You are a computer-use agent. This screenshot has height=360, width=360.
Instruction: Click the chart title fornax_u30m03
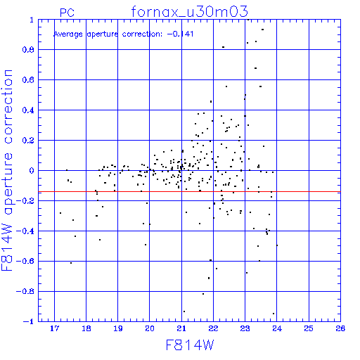pyautogui.click(x=189, y=12)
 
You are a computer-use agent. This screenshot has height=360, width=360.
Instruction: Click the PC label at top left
pyautogui.click(x=67, y=13)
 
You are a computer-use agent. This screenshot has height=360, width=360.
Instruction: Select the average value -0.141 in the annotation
pyautogui.click(x=180, y=34)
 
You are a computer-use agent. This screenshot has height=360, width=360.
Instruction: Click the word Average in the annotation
pyautogui.click(x=68, y=34)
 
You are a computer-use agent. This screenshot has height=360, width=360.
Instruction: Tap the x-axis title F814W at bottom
pyautogui.click(x=190, y=345)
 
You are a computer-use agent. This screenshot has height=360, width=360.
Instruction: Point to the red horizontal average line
pyautogui.click(x=189, y=192)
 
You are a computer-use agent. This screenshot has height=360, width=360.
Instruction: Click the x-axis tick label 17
pyautogui.click(x=54, y=328)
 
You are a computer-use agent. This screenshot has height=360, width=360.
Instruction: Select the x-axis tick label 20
pyautogui.click(x=150, y=328)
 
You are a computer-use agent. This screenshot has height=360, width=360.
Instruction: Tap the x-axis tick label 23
pyautogui.click(x=245, y=328)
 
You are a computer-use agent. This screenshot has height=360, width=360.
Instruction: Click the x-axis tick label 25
pyautogui.click(x=309, y=328)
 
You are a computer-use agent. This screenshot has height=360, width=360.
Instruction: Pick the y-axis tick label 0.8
pyautogui.click(x=28, y=50)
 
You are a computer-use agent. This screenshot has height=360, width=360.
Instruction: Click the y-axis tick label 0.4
pyautogui.click(x=28, y=110)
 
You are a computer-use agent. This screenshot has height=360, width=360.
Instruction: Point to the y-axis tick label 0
pyautogui.click(x=32, y=171)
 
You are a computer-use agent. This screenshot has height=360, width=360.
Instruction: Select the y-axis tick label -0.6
pyautogui.click(x=25, y=261)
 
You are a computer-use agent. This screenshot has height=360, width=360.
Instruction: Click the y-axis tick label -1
pyautogui.click(x=29, y=321)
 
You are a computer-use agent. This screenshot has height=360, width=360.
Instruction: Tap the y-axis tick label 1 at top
pyautogui.click(x=32, y=20)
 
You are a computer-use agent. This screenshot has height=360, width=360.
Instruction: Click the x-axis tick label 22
pyautogui.click(x=213, y=328)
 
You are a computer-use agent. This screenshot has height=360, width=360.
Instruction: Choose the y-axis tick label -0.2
pyautogui.click(x=25, y=201)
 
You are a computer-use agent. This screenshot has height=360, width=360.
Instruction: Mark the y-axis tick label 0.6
pyautogui.click(x=28, y=80)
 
